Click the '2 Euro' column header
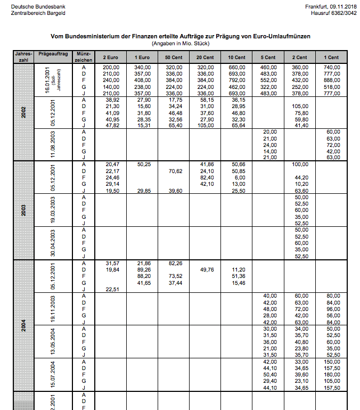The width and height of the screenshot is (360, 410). (111, 57)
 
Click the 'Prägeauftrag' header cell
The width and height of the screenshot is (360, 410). (53, 54)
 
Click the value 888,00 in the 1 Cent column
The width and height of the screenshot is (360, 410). (331, 80)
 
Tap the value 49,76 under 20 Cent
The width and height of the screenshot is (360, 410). (206, 270)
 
